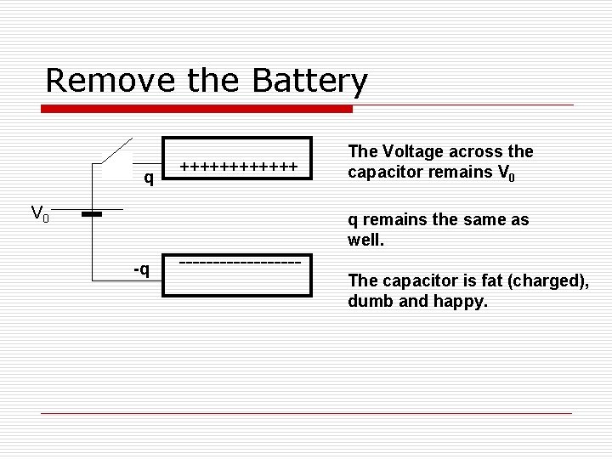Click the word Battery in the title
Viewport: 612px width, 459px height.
pos(310,82)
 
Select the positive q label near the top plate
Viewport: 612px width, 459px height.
pos(149,178)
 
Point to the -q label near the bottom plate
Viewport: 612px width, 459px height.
pos(141,269)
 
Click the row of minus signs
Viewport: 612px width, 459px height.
pos(241,261)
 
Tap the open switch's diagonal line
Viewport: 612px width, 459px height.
pos(117,150)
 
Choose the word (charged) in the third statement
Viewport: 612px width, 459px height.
pos(539,281)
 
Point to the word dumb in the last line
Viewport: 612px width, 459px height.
pos(368,301)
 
